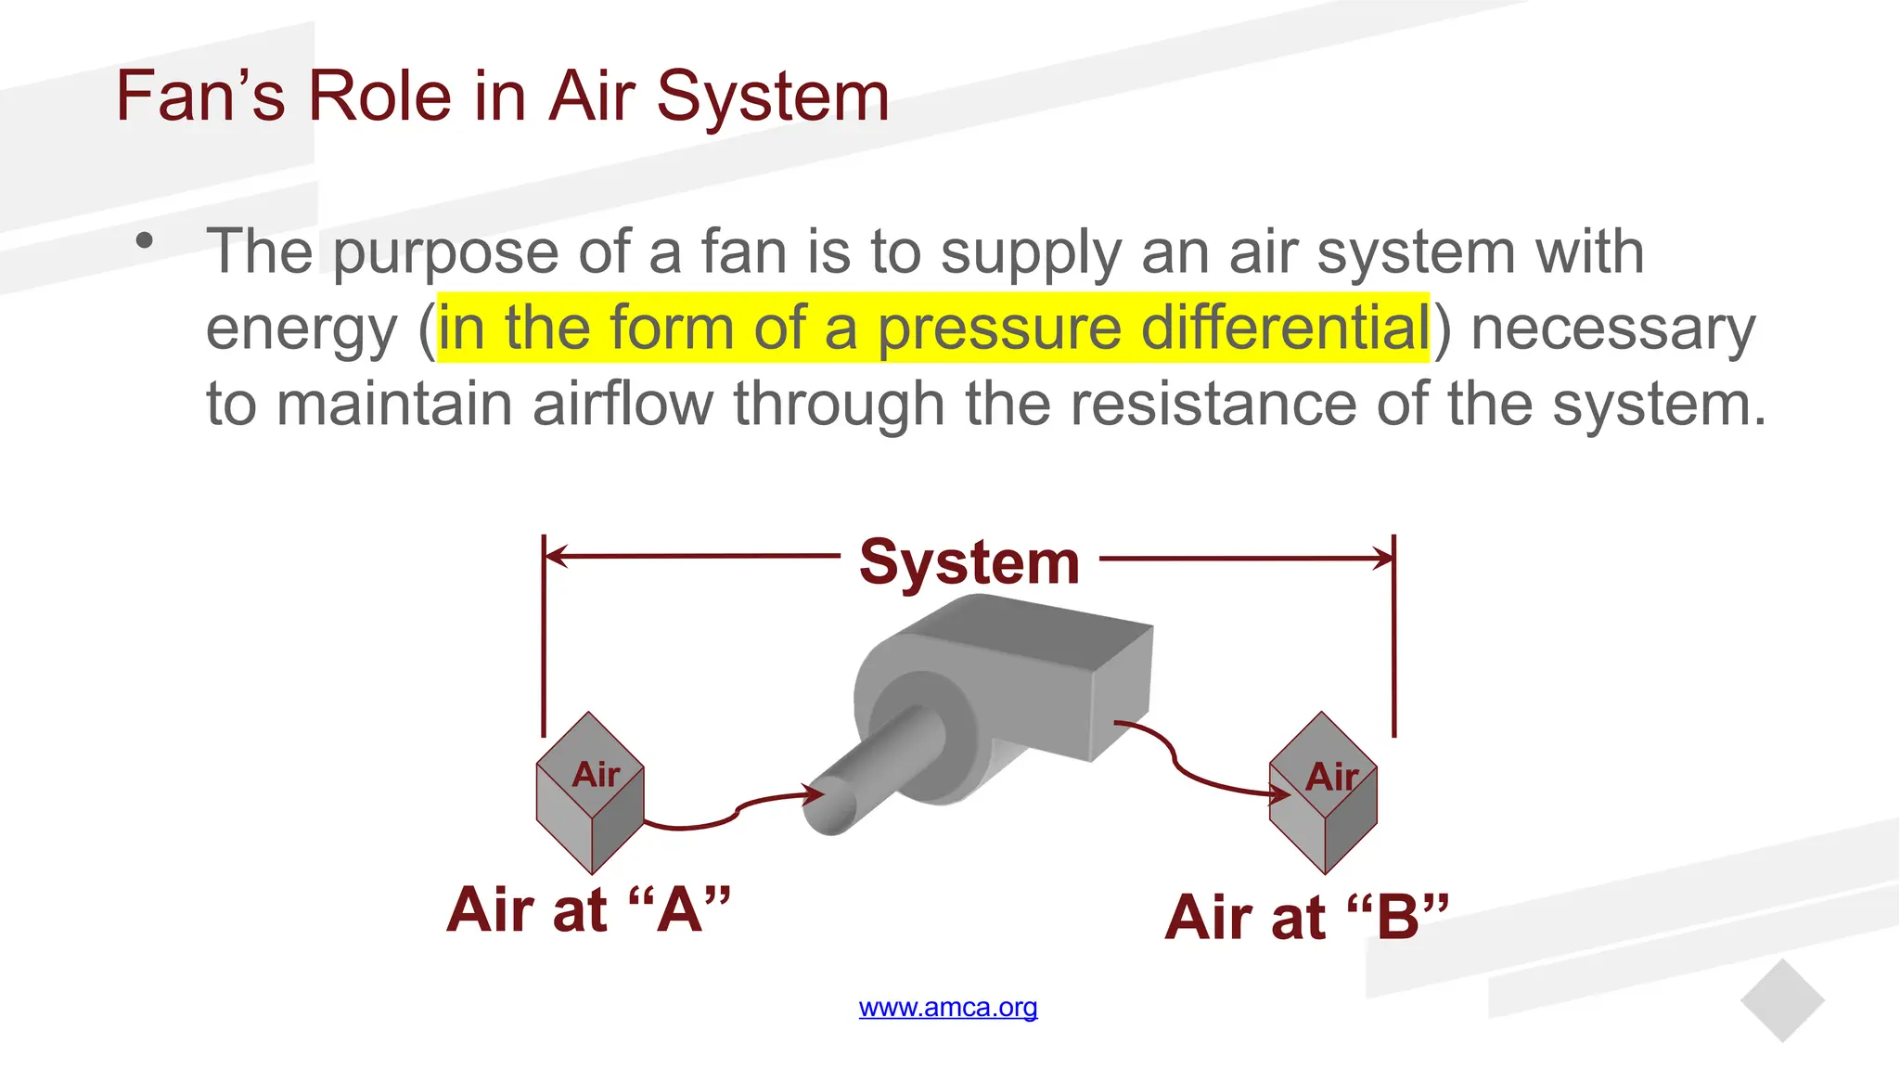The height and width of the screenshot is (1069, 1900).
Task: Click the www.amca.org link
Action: [948, 1008]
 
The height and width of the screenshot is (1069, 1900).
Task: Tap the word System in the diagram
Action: [969, 562]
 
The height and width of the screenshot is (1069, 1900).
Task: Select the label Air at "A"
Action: [588, 909]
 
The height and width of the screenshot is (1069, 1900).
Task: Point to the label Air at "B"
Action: [1306, 917]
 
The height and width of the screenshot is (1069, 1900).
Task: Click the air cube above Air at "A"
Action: [590, 793]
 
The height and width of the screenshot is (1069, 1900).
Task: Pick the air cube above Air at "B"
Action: [1323, 793]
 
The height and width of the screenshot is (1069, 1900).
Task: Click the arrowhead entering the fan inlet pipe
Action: [815, 793]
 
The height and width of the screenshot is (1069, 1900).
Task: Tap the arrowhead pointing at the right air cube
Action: [1281, 793]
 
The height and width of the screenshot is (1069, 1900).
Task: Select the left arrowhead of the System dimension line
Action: [555, 557]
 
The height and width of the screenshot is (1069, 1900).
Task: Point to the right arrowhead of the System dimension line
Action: [1384, 558]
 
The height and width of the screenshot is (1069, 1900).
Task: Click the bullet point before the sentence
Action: [144, 241]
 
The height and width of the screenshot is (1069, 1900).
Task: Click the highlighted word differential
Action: [1285, 328]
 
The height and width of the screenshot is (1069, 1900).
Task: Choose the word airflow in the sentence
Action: [623, 405]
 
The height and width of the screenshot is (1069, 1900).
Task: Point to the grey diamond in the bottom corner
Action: [1782, 1001]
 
